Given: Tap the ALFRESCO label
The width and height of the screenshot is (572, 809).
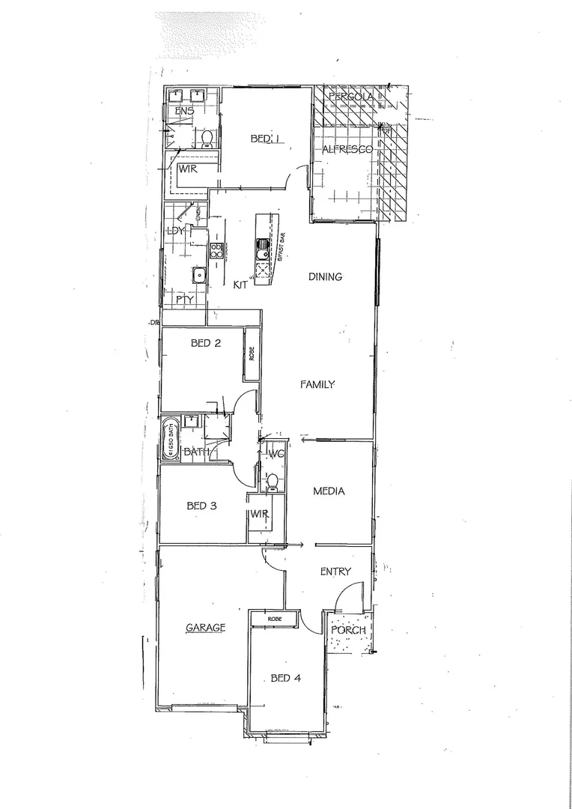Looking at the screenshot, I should [x=347, y=151].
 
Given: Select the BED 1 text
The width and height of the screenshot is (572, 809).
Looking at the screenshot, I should [x=264, y=139].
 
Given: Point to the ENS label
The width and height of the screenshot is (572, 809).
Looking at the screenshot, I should [x=184, y=112].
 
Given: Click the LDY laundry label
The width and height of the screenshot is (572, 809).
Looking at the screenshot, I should [x=176, y=231].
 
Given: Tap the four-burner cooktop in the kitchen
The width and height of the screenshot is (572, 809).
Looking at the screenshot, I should [x=216, y=251].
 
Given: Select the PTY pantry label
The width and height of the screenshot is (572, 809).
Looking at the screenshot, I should [x=184, y=300].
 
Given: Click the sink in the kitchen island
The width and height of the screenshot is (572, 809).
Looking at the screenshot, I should [x=263, y=246].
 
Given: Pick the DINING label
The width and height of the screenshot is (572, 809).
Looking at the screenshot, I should [x=325, y=276].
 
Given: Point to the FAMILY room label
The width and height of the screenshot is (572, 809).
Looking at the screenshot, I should [x=317, y=384].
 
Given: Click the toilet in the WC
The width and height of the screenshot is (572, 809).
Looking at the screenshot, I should [x=273, y=480].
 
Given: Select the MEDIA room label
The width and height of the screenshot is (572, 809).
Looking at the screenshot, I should [x=329, y=491].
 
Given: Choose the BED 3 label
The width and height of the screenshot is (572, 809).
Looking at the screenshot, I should [x=201, y=506].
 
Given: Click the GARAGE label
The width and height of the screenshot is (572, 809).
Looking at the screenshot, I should [x=205, y=628].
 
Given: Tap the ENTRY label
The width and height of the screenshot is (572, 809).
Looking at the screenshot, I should [x=335, y=572].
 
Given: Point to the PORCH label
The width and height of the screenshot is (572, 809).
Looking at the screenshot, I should [x=349, y=630].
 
